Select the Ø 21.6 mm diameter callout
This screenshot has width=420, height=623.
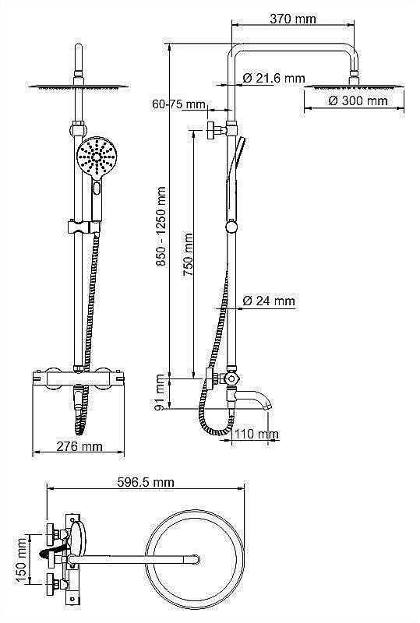click(x=273, y=78)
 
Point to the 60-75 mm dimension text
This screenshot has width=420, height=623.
click(x=178, y=104)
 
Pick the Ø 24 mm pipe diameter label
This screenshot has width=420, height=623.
click(x=269, y=301)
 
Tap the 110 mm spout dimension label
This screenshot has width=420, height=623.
click(x=257, y=434)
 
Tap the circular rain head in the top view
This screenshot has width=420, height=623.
click(x=191, y=558)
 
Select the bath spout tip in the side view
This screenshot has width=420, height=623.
click(x=267, y=405)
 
